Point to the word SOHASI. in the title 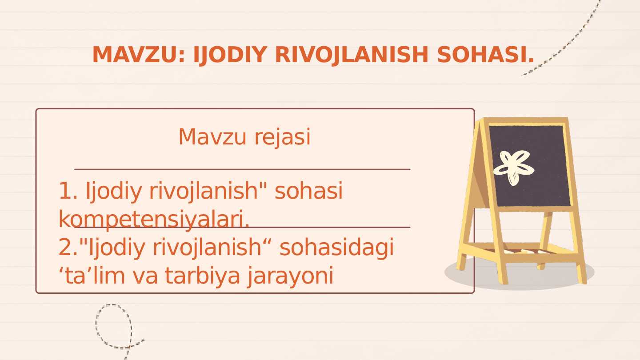485,55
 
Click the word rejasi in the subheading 282,137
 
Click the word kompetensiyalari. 154,220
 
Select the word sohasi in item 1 308,191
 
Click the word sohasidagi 336,248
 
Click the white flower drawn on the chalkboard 513,167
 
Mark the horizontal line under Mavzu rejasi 242,169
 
